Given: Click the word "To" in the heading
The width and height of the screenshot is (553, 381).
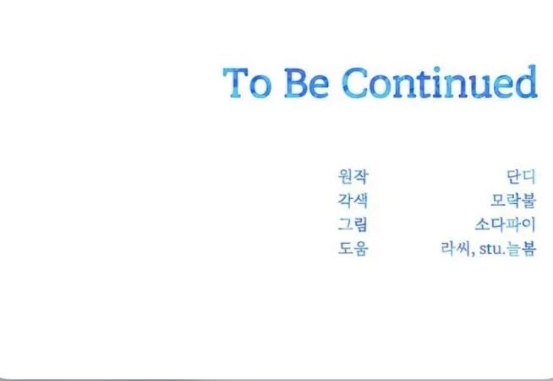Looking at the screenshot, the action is tap(248, 83).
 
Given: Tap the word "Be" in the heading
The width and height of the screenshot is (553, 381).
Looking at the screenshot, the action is tap(307, 83).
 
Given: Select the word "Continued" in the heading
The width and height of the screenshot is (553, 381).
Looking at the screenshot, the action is tap(440, 81).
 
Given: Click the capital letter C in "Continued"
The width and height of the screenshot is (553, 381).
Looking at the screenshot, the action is tap(354, 83).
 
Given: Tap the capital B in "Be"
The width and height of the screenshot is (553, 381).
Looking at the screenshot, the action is tap(296, 83).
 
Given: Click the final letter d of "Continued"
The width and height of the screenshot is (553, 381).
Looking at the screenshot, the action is tap(527, 81).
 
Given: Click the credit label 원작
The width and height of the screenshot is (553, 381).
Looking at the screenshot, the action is tap(353, 176).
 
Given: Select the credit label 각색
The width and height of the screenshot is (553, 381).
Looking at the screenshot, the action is tap(353, 200).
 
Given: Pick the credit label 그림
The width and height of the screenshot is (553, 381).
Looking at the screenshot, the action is tap(353, 224).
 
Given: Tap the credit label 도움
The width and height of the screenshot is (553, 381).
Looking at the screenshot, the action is tap(353, 248).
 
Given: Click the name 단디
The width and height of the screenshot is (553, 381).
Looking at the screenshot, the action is tap(521, 176).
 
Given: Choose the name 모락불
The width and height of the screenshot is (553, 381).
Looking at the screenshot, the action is tap(513, 200).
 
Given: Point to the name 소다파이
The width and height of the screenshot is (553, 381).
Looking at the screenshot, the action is tap(506, 224).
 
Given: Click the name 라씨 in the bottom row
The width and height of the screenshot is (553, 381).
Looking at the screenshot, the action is tap(455, 248).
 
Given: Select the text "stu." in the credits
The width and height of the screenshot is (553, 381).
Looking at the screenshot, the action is tap(492, 249).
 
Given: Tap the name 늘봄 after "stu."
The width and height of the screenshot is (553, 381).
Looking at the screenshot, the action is tap(522, 248).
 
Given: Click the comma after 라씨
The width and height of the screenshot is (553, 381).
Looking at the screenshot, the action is tap(473, 253).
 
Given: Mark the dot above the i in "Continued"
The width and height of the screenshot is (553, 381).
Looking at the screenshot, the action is tap(437, 69).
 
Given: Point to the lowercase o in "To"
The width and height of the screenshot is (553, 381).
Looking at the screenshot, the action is tap(260, 87).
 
